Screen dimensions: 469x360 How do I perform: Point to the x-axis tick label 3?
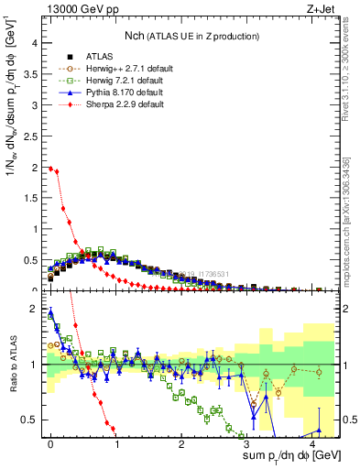pyautogui.click(x=247, y=442)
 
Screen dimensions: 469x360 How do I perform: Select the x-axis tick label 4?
pyautogui.click(x=312, y=442)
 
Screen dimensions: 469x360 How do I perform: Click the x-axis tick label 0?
pyautogui.click(x=50, y=442)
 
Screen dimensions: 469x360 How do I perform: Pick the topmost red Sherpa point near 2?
pyautogui.click(x=51, y=168)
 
